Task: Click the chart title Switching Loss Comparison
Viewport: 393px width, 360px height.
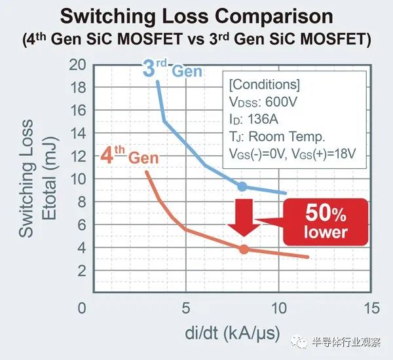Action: pyautogui.click(x=196, y=16)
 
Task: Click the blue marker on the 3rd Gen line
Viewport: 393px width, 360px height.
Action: pyautogui.click(x=242, y=187)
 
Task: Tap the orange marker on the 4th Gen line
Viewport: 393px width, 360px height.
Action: pyautogui.click(x=244, y=249)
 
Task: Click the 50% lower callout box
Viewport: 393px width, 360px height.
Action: pyautogui.click(x=326, y=223)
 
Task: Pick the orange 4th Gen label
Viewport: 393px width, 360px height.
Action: pyautogui.click(x=130, y=156)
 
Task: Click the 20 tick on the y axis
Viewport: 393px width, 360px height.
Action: pyautogui.click(x=78, y=64)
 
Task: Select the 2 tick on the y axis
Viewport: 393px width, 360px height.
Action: pyautogui.click(x=81, y=270)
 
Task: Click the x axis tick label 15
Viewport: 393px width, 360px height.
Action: pyautogui.click(x=371, y=308)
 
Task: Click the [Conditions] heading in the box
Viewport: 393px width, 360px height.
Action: pyautogui.click(x=265, y=85)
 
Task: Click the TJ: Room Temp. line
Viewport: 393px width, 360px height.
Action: pyautogui.click(x=276, y=137)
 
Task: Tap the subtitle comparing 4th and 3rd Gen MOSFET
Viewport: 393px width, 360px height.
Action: pyautogui.click(x=196, y=39)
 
